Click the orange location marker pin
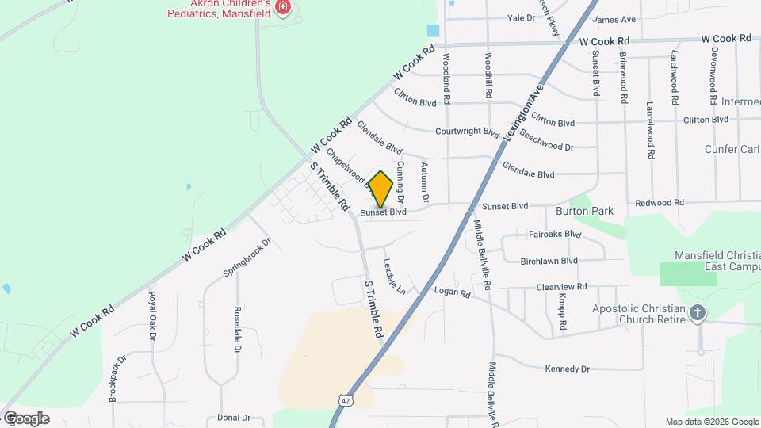pyautogui.click(x=380, y=189)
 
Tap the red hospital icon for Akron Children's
pyautogui.click(x=283, y=8)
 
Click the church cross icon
pyautogui.click(x=698, y=312)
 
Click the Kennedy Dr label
pyautogui.click(x=567, y=369)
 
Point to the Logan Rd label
pyautogui.click(x=452, y=292)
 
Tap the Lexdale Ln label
pyautogui.click(x=394, y=277)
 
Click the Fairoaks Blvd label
pyautogui.click(x=555, y=235)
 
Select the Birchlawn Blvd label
pyautogui.click(x=549, y=260)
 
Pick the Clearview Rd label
pyautogui.click(x=561, y=286)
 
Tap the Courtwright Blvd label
pyautogui.click(x=467, y=132)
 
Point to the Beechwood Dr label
pyautogui.click(x=547, y=147)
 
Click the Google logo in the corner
pyautogui.click(x=25, y=418)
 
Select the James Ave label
pyautogui.click(x=614, y=19)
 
